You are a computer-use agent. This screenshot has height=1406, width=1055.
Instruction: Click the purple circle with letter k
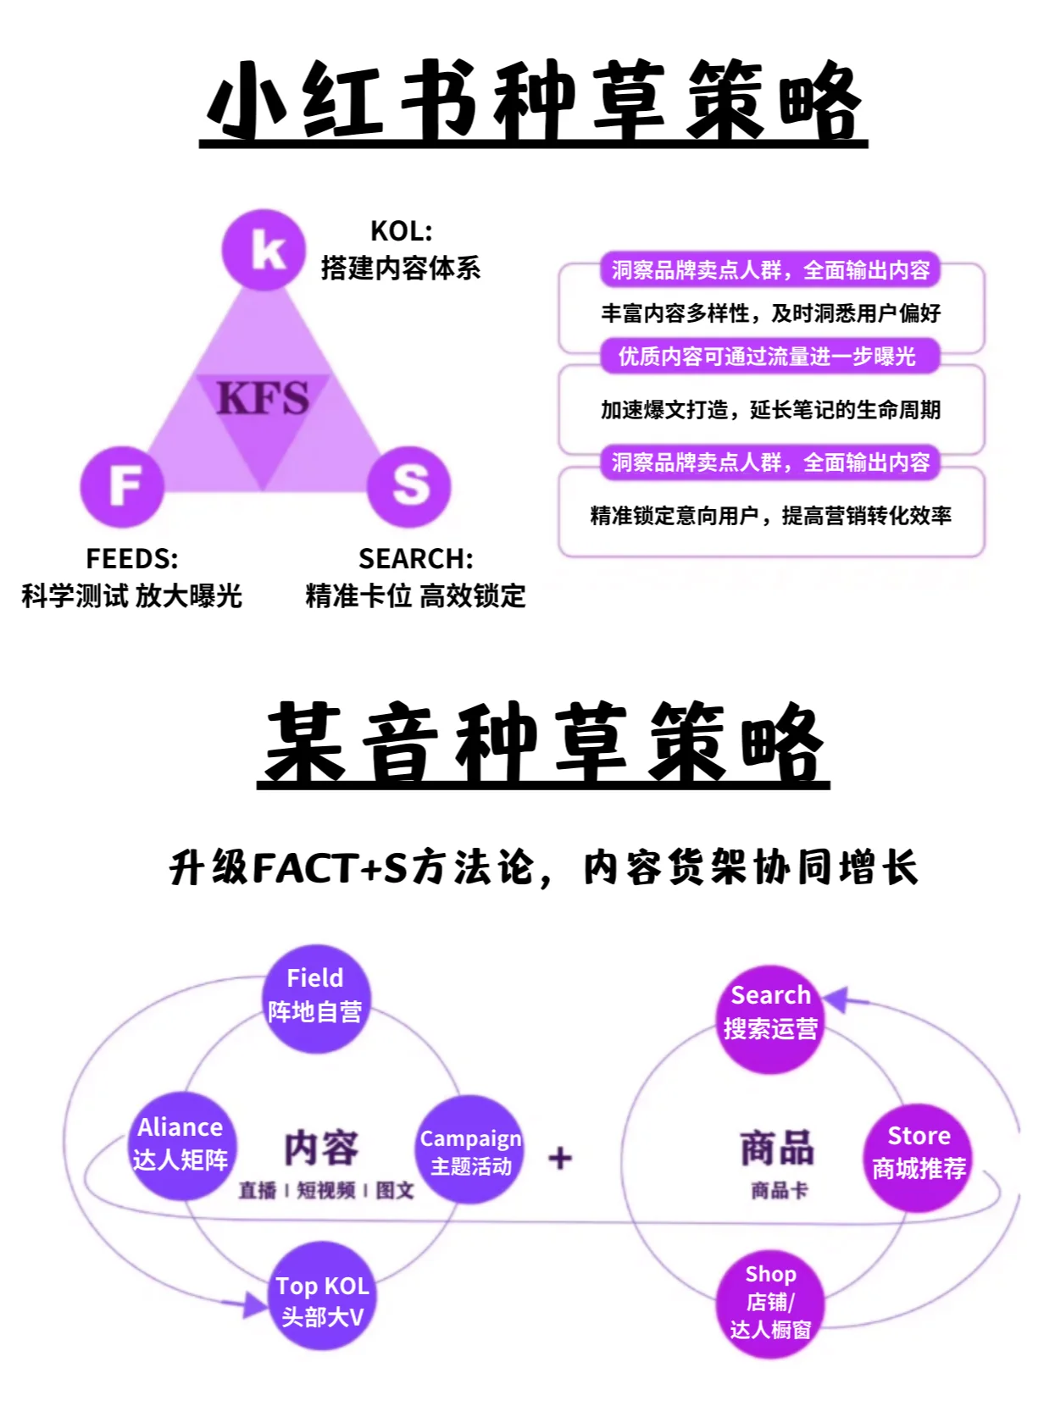264,250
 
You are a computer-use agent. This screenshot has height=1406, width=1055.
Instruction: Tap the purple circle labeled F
122,485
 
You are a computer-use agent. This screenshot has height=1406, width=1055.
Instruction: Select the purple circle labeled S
409,485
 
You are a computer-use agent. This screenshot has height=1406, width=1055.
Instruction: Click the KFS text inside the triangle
263,397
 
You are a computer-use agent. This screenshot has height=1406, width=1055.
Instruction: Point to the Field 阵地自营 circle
315,998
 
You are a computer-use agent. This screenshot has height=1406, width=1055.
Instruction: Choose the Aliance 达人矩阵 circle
180,1145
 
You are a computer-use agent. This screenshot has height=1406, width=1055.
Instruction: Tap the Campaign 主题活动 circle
470,1150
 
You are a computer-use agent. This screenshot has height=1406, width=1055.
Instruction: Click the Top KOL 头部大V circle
322,1296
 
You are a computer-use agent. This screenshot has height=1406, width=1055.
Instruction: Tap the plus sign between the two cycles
560,1157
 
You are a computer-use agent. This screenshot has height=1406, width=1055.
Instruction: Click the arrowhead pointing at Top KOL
253,1304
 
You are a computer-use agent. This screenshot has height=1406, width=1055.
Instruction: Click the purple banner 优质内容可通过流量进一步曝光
768,357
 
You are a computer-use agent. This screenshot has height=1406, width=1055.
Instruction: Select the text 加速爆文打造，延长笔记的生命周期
770,410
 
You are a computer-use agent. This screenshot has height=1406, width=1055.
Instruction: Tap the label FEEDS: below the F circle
132,559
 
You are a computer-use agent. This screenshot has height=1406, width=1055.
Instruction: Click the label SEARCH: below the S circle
415,559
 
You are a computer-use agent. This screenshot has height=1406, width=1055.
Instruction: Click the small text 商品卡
779,1191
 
